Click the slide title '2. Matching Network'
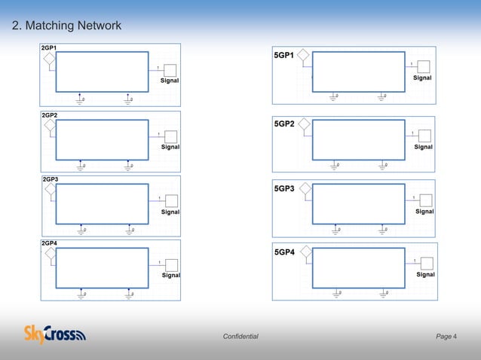tap(66, 27)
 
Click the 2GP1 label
tap(49, 48)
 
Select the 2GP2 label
tap(49, 114)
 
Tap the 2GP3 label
tap(50, 179)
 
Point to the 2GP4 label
tap(50, 244)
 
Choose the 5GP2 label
tap(283, 124)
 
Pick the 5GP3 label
tap(283, 188)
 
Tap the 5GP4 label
tap(283, 254)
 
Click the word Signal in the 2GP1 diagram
tap(170, 81)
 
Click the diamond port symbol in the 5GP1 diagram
tap(303, 55)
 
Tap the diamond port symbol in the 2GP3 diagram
tap(51, 190)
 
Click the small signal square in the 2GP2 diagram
tap(171, 136)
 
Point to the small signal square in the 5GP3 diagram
tap(426, 200)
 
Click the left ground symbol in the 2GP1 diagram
tap(81, 99)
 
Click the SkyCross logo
tap(55, 333)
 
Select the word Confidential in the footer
tap(240, 336)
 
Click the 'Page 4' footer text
tap(446, 336)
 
